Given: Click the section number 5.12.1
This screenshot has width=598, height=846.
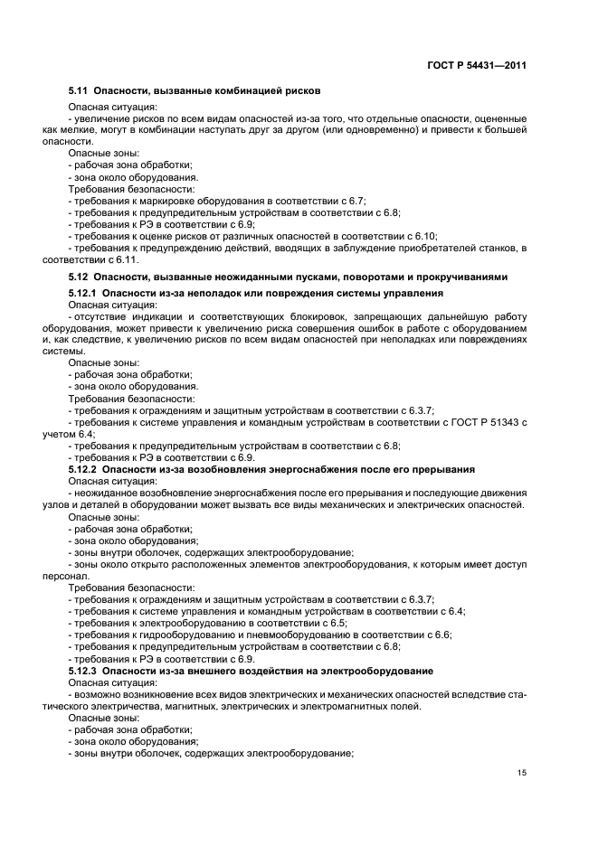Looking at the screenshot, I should tap(84, 293).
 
